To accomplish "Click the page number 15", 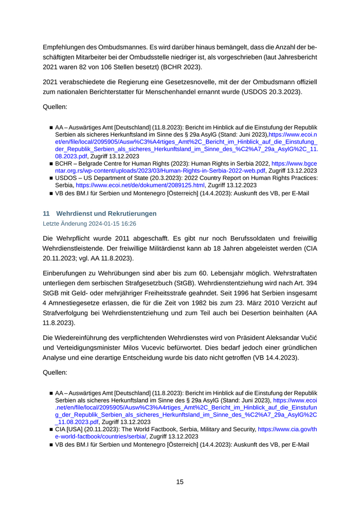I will pos(180,482).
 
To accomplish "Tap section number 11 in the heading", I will pos(46,213).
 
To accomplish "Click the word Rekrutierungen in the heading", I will pos(131,213).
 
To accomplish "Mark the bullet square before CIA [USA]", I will pos(51,429).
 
